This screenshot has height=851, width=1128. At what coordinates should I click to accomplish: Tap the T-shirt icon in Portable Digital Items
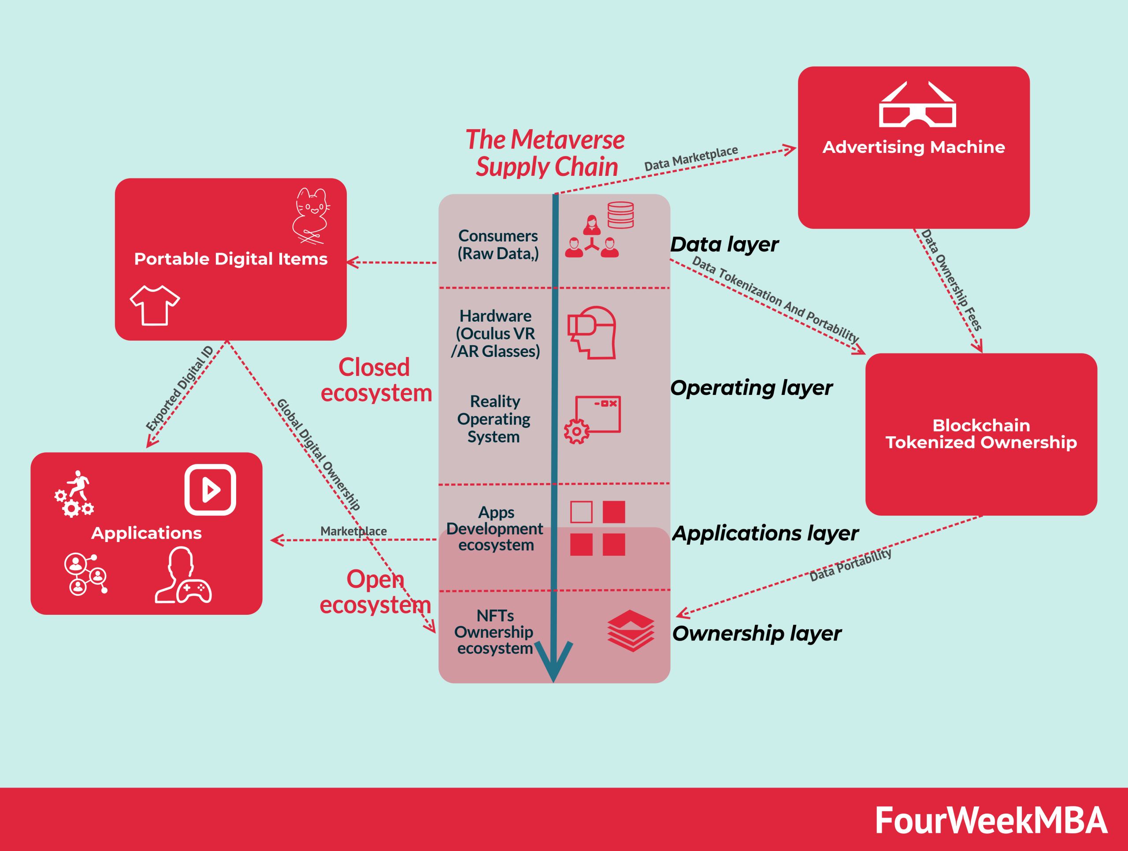(155, 305)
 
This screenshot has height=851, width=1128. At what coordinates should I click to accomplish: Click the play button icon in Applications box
(210, 490)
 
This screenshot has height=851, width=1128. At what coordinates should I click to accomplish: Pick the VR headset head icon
(593, 332)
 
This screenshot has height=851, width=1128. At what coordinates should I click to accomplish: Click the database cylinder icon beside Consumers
(620, 215)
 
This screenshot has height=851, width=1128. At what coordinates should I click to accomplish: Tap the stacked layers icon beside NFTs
(631, 630)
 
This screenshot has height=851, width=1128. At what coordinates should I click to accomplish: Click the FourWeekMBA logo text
(991, 821)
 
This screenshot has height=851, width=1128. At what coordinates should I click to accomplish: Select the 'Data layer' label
(724, 244)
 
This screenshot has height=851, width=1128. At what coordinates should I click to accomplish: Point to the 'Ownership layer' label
(757, 633)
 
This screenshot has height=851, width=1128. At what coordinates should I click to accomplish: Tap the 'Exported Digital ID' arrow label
(179, 389)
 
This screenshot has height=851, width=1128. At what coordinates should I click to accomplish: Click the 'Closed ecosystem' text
(376, 380)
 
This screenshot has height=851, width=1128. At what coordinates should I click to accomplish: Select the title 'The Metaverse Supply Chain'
(545, 152)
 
